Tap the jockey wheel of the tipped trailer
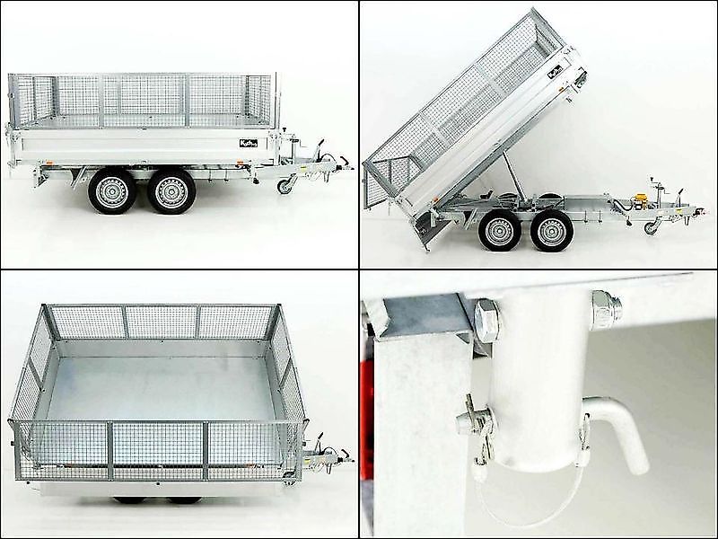[651, 227]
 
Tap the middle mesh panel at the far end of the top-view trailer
[162, 322]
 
